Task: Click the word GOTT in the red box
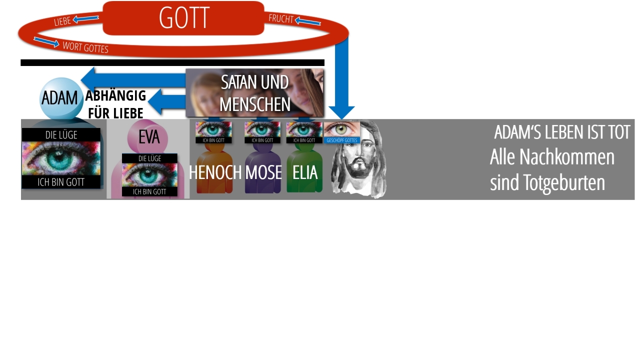(x=184, y=17)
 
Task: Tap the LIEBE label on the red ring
(x=62, y=21)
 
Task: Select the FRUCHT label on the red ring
(x=281, y=18)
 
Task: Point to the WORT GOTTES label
(x=85, y=47)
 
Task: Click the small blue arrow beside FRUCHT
(x=307, y=21)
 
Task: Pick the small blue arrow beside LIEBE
(x=85, y=19)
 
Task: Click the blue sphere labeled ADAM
(x=61, y=98)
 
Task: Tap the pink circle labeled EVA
(x=147, y=137)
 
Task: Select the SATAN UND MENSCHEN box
(x=254, y=93)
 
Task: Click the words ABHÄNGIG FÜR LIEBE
(x=115, y=104)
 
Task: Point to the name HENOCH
(x=215, y=172)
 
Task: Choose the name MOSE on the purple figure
(x=263, y=172)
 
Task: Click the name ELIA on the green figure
(x=305, y=172)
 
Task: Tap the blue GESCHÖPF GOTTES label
(x=341, y=140)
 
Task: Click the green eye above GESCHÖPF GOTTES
(x=341, y=129)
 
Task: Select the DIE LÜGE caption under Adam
(x=61, y=135)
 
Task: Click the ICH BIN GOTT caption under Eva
(x=149, y=191)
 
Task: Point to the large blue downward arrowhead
(x=341, y=112)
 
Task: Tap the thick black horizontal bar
(x=172, y=62)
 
